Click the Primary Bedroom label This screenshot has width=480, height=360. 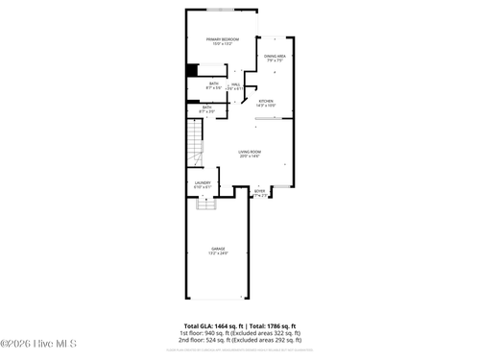(223, 38)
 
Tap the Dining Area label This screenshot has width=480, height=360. (275, 56)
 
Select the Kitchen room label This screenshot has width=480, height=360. (266, 100)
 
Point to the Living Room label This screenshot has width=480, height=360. (250, 151)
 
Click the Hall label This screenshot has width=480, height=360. (236, 84)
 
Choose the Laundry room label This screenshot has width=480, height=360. (203, 182)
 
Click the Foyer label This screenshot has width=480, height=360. (259, 191)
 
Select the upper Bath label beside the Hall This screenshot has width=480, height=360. (213, 84)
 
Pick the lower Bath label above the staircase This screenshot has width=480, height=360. (206, 107)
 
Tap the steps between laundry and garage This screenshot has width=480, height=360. (206, 203)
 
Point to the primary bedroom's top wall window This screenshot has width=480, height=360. (223, 10)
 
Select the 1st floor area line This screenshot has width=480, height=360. (240, 333)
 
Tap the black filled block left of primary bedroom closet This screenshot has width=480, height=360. (191, 68)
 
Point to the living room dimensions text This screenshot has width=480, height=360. (250, 156)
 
